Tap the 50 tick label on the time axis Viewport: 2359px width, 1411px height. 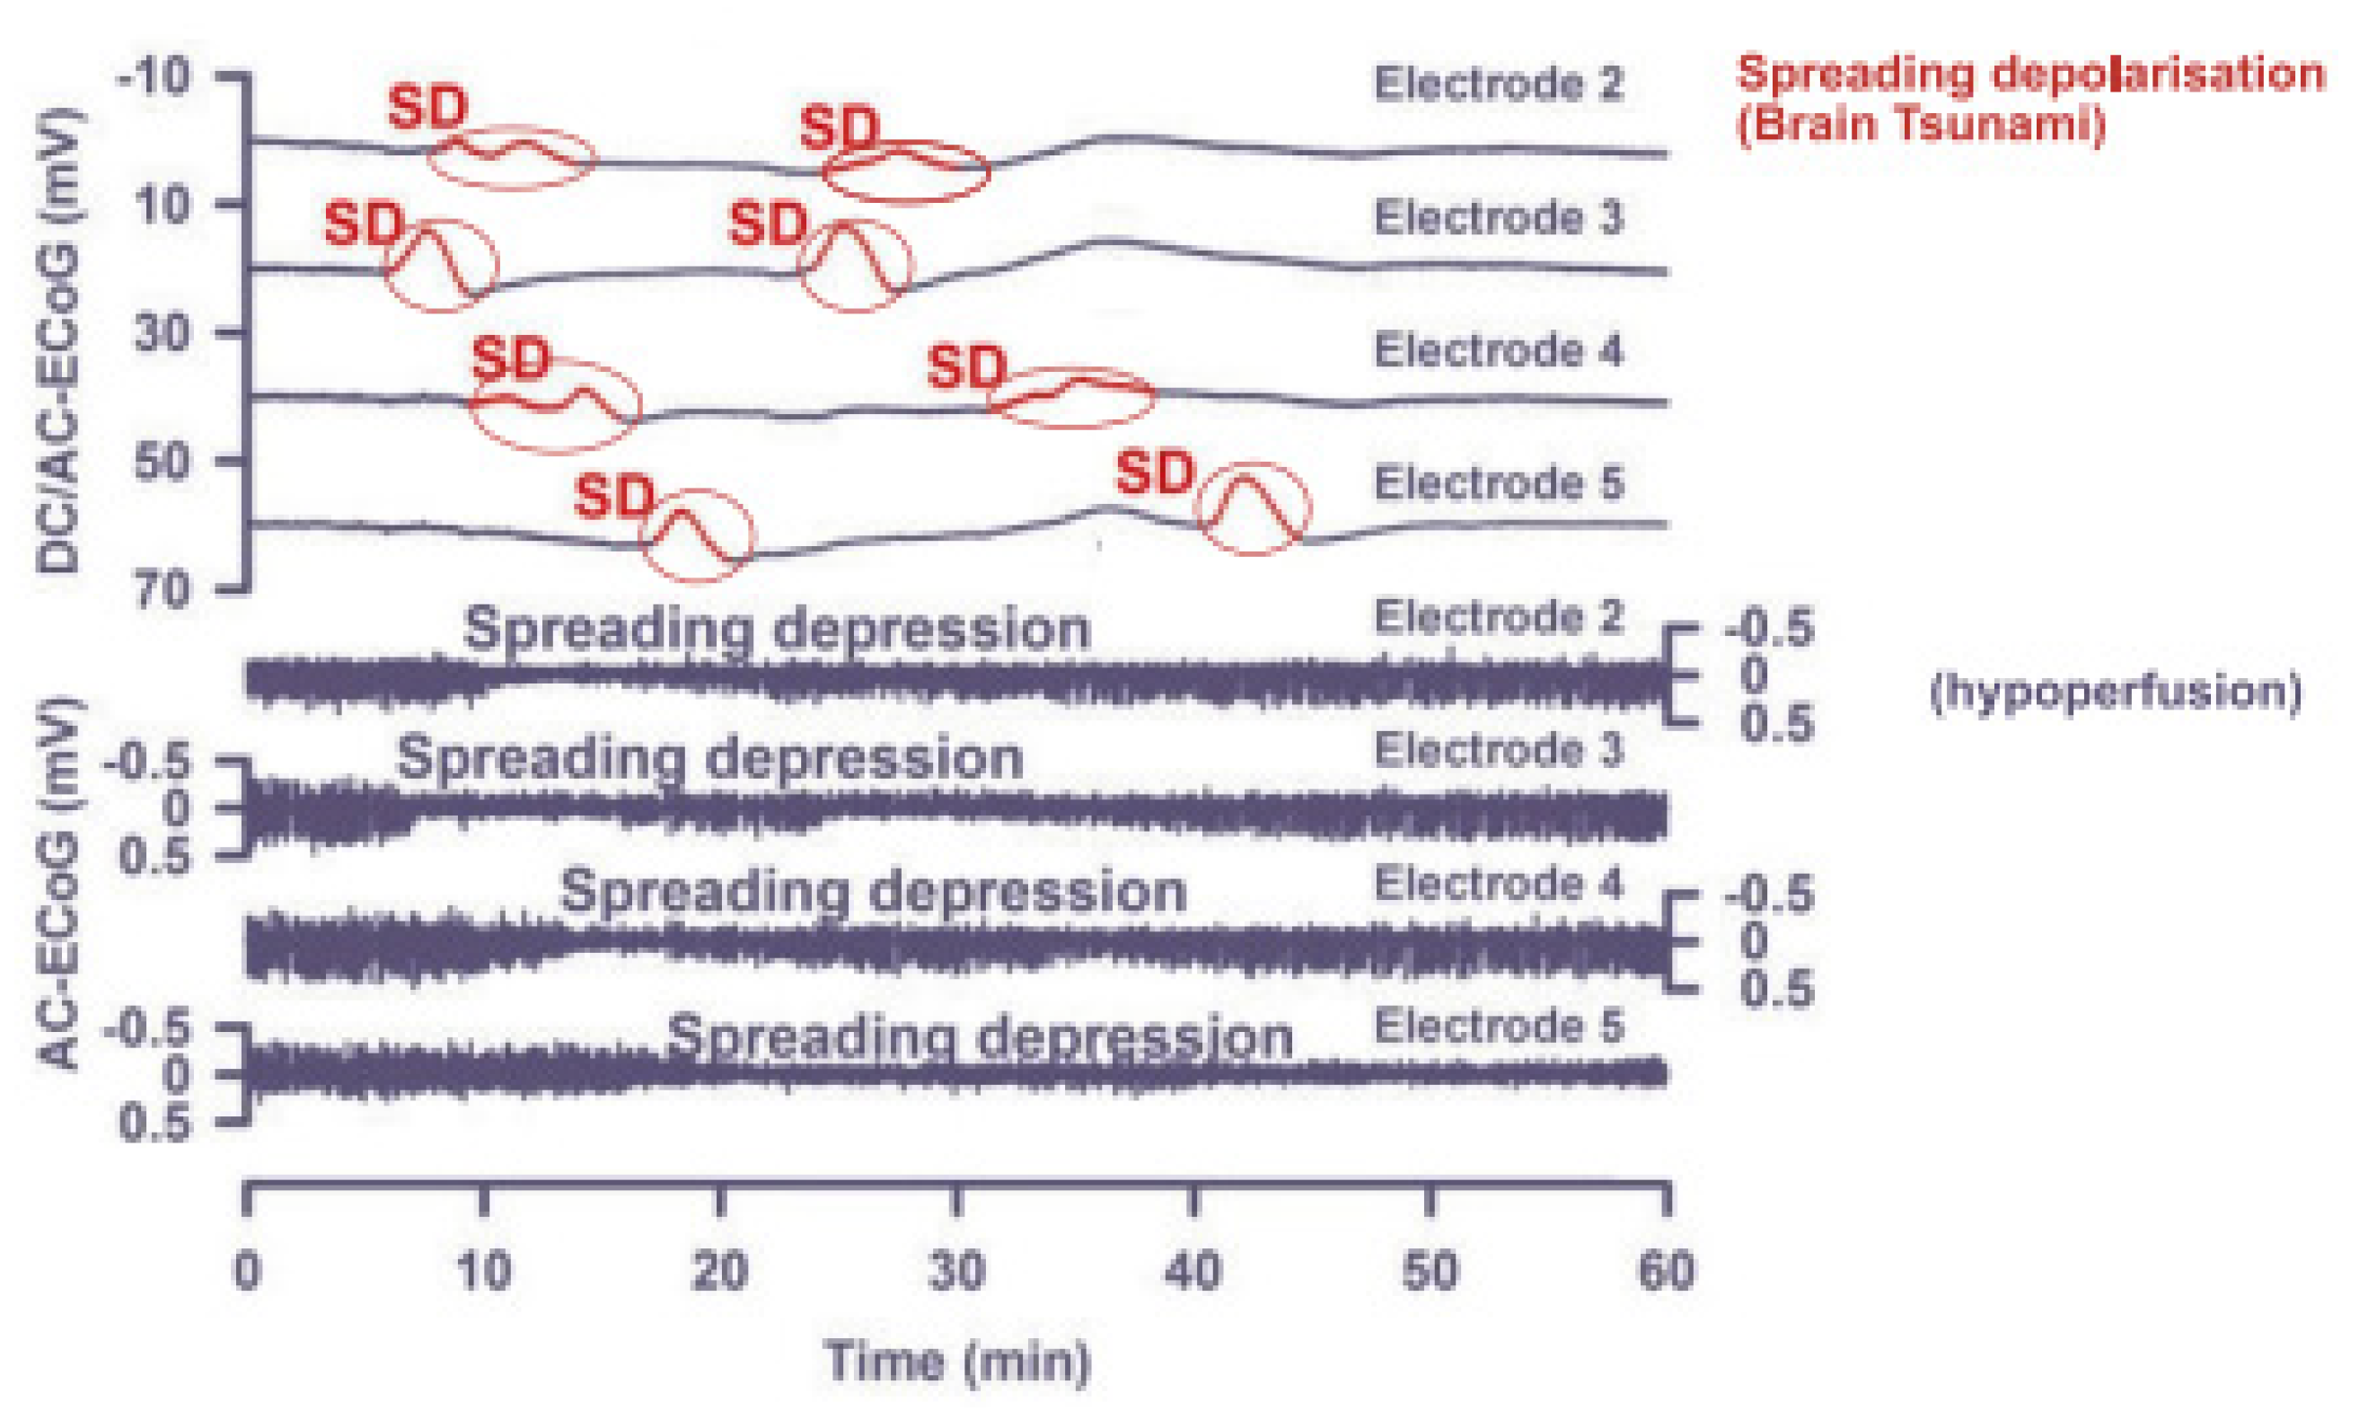tap(1430, 1270)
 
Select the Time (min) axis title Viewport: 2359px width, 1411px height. tap(957, 1361)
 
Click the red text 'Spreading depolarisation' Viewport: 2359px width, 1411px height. tap(2031, 75)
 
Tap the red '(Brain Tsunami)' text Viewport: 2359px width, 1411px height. tap(1922, 125)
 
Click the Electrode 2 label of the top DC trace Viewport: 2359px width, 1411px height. tap(1499, 84)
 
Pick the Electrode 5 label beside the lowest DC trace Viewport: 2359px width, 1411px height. tap(1499, 483)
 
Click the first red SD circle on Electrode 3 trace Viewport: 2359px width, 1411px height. tap(440, 264)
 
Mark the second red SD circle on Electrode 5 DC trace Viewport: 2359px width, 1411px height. tap(1253, 508)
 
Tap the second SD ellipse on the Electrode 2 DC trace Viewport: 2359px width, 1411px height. tap(906, 172)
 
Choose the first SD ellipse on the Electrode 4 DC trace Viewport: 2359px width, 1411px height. tap(556, 406)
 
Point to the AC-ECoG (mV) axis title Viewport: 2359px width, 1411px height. tap(60, 885)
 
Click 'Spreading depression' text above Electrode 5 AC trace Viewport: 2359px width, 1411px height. tap(979, 1036)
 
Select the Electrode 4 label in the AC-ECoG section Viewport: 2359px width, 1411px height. tap(1499, 885)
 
